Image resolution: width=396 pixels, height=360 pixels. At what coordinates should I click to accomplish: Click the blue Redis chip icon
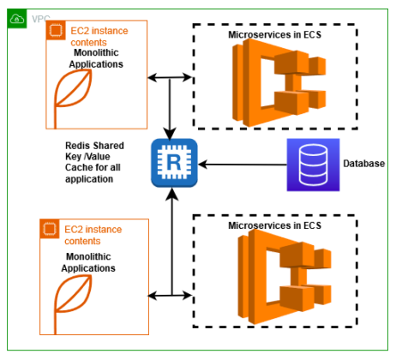[174, 163]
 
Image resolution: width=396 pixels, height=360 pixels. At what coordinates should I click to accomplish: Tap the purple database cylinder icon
[313, 165]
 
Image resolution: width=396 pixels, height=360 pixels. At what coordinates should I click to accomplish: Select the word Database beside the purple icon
[363, 164]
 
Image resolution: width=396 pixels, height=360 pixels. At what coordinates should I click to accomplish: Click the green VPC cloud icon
[17, 19]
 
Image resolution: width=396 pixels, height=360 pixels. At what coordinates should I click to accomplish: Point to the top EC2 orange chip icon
[56, 30]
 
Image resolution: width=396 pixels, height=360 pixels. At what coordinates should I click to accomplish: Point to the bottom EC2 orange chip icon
[50, 229]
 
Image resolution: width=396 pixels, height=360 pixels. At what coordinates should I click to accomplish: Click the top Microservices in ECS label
[274, 34]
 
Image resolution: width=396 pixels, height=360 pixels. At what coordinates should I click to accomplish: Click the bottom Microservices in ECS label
[274, 225]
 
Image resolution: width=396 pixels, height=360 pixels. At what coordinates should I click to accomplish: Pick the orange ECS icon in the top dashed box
[279, 83]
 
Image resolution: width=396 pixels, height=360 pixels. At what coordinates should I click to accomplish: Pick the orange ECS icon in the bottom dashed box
[285, 277]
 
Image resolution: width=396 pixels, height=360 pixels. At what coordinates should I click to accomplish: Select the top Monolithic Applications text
[96, 58]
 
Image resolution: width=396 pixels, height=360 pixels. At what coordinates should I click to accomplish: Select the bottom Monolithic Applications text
[88, 262]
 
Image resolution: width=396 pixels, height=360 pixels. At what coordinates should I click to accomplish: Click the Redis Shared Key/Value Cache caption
[94, 162]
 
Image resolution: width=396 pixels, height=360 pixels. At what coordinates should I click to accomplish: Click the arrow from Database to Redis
[243, 165]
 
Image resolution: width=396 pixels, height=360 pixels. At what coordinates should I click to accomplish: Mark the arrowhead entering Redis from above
[170, 134]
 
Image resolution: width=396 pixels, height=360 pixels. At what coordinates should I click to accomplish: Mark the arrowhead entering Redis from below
[172, 195]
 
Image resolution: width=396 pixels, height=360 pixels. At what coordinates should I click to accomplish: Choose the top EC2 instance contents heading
[99, 37]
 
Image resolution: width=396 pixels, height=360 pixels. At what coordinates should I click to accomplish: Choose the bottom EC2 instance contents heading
[93, 235]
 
